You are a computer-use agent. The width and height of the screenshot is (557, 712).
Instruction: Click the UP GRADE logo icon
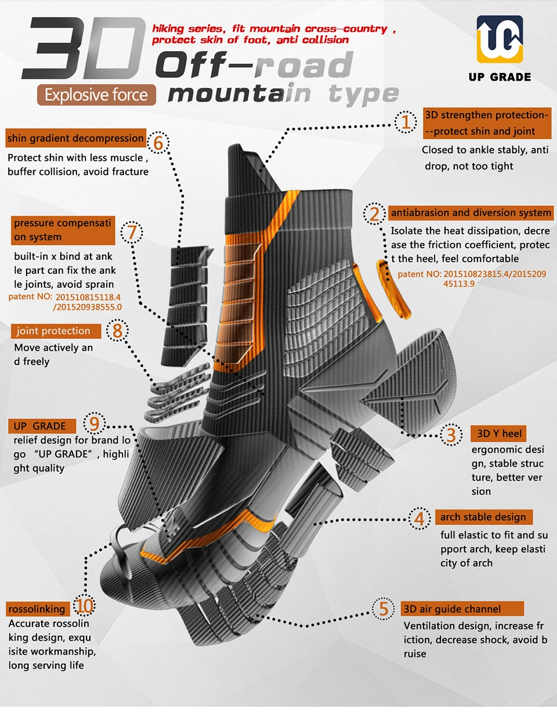coord(499,39)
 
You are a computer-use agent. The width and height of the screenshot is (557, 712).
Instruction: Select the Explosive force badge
coord(96,94)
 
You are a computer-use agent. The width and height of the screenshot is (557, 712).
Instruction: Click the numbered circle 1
coord(406,122)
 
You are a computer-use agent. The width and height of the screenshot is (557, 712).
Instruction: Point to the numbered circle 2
coord(375,214)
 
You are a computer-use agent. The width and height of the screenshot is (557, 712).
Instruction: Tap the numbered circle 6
coord(158,143)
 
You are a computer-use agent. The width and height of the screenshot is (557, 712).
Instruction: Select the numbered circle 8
coord(117,331)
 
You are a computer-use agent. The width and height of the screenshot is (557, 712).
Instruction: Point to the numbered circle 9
coord(95,425)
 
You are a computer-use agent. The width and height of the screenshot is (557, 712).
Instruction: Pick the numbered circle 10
coord(84,606)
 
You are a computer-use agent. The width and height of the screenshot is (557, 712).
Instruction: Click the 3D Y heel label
coord(498,433)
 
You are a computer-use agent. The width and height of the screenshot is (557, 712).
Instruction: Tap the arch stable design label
coord(483,517)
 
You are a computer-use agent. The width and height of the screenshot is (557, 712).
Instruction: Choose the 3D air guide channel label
coord(462,609)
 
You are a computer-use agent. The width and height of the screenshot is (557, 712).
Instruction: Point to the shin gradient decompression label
coord(75,138)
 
